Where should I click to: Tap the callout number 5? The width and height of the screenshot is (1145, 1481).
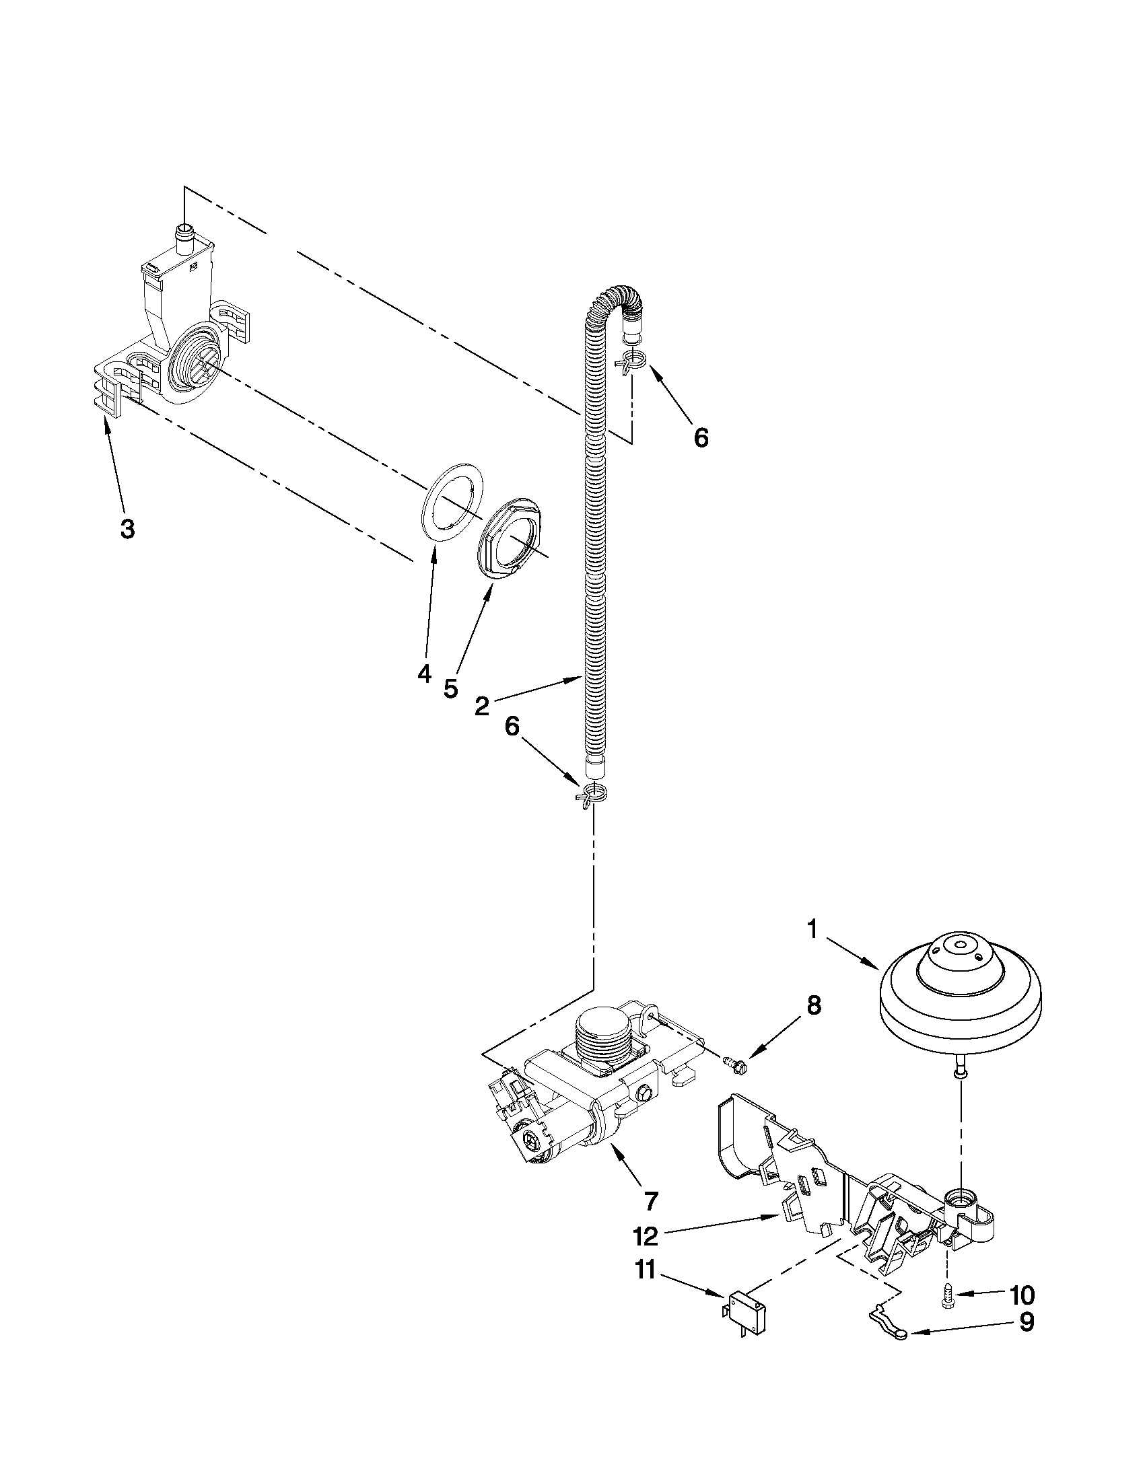[450, 688]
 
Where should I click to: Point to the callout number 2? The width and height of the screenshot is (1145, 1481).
[482, 707]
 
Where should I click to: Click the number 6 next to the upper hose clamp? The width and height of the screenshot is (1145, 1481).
[701, 437]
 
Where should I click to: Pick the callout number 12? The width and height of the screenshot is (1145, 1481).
[645, 1236]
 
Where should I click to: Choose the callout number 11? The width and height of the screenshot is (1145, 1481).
[645, 1270]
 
